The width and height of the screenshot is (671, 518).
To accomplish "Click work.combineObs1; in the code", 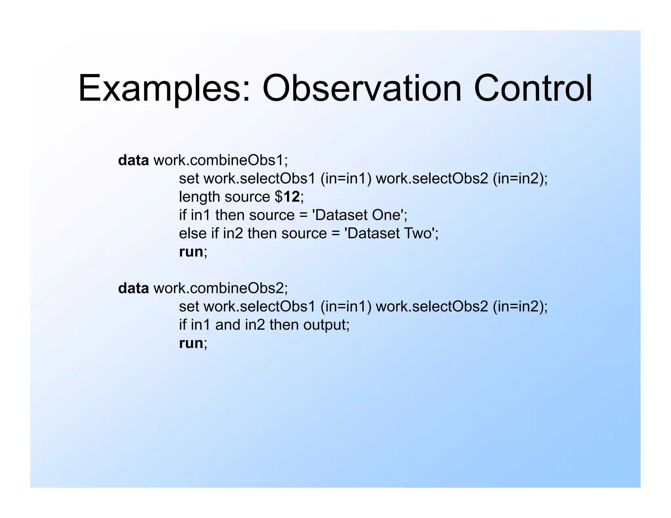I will [x=220, y=160].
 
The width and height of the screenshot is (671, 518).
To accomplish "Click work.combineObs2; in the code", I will [x=220, y=288].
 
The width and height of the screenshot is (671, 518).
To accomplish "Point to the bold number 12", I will [x=292, y=197].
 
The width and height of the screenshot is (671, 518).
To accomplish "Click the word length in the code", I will [x=199, y=197].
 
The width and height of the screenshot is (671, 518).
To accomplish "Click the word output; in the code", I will [x=326, y=325].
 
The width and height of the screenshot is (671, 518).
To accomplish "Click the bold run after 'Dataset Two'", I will [x=191, y=252].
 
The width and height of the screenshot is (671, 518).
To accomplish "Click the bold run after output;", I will [x=191, y=343].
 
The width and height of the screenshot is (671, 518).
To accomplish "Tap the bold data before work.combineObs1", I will [x=133, y=160].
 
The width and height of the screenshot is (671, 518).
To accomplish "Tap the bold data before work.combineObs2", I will [x=133, y=288].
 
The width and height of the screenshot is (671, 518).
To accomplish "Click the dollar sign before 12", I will [x=278, y=197].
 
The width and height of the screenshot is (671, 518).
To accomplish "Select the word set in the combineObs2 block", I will [x=189, y=307].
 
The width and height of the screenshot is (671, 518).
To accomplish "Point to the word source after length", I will [x=247, y=197].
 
